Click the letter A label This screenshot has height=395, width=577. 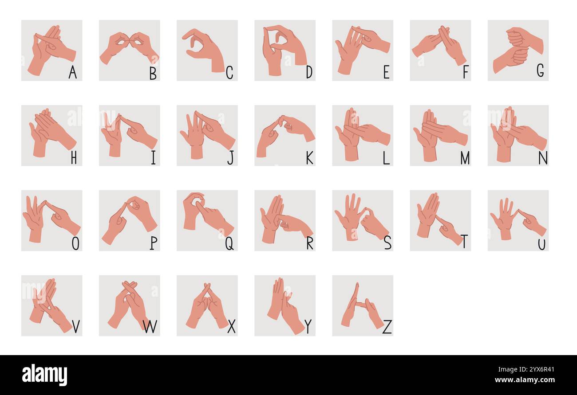[72, 72]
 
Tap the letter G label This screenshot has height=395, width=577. [540, 70]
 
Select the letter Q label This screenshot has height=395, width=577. [229, 242]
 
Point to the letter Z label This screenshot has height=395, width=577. [387, 327]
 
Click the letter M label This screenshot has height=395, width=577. [465, 157]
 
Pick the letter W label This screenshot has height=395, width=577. [150, 327]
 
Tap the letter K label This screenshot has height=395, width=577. [309, 157]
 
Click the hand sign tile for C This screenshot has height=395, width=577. [207, 50]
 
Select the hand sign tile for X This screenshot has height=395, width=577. [207, 305]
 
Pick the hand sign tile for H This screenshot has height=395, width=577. [51, 135]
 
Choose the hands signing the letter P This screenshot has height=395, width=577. [129, 218]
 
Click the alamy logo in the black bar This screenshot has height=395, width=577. [44, 375]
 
